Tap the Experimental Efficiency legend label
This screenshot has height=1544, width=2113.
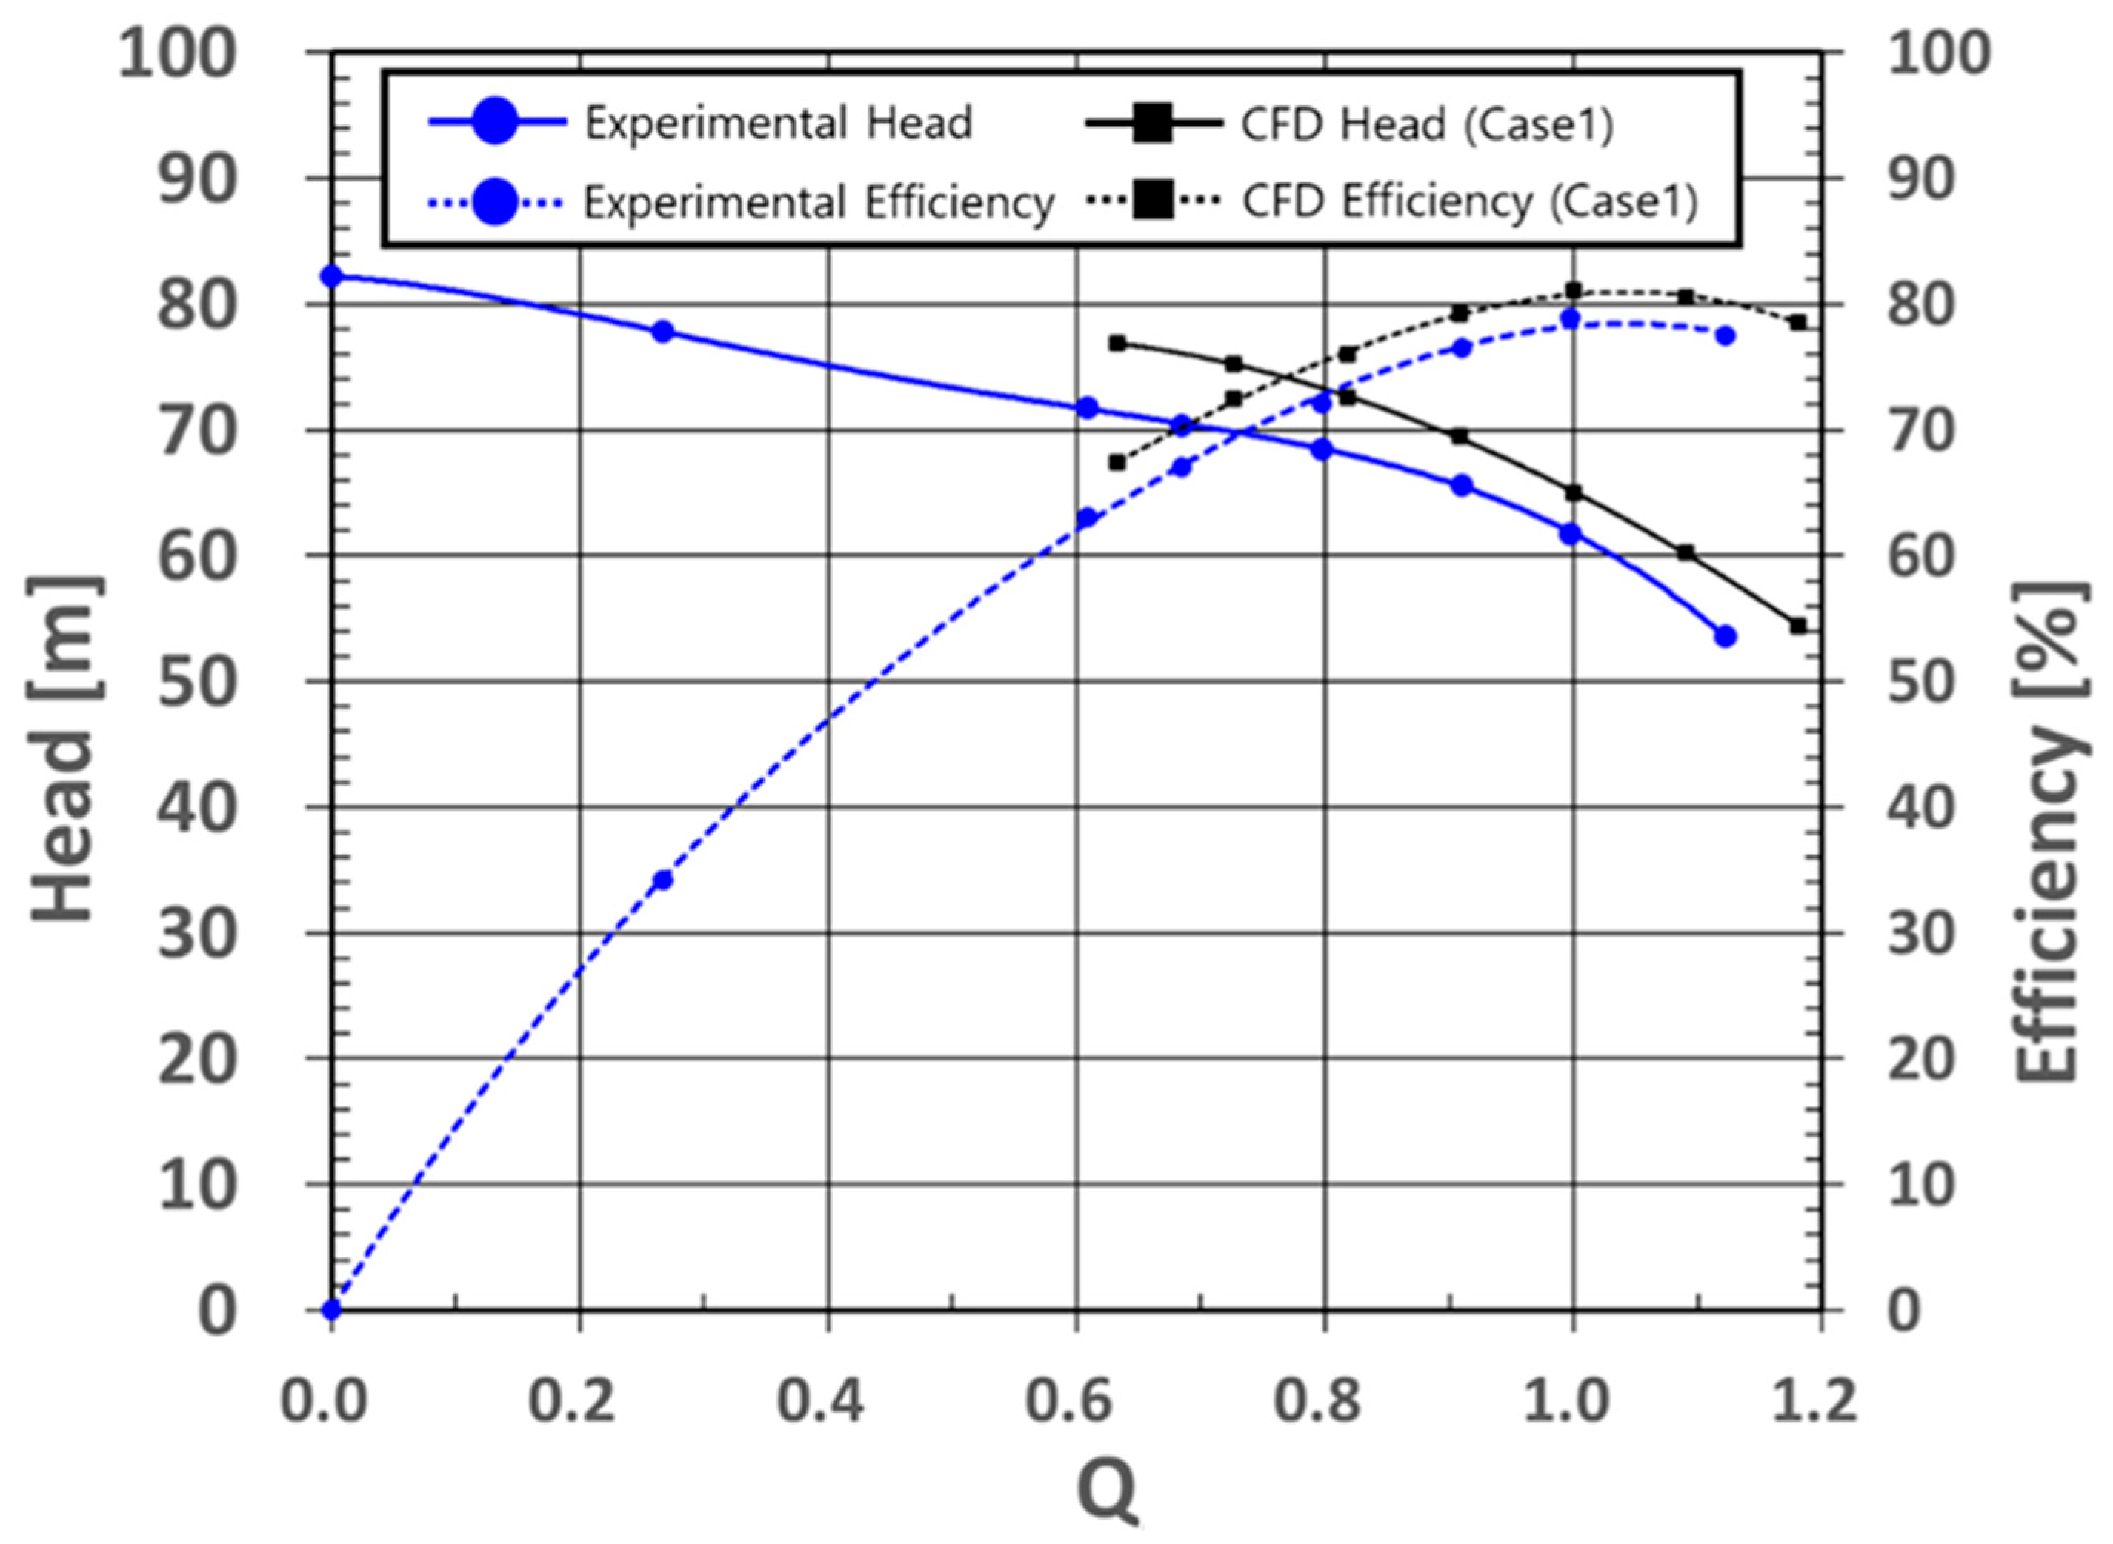[819, 202]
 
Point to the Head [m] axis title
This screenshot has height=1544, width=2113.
[63, 748]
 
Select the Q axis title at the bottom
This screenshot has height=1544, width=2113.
[1107, 1490]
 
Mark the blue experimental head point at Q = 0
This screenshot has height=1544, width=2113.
[332, 275]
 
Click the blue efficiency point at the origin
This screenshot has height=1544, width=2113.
[332, 1309]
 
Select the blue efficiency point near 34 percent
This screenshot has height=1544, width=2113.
[663, 880]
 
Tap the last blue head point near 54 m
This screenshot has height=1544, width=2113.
[1725, 636]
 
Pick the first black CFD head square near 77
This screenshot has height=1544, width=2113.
[1117, 343]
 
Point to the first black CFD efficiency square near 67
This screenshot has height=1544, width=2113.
[1117, 461]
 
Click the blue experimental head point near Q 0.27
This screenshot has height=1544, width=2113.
[663, 332]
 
